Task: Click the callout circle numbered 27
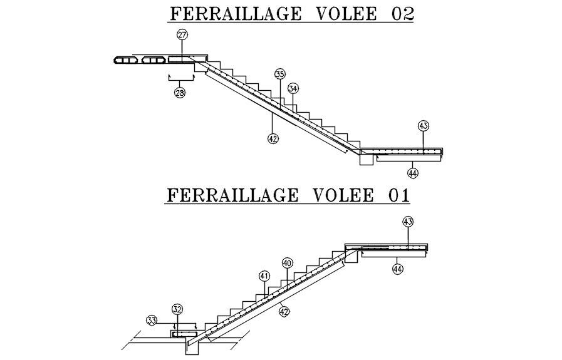[x=182, y=35]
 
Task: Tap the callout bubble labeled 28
[x=180, y=93]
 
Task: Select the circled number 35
[x=279, y=74]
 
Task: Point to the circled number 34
[x=293, y=88]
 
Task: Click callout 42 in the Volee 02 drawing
[x=273, y=138]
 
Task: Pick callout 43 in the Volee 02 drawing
[x=424, y=126]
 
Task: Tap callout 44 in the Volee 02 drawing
[x=412, y=172]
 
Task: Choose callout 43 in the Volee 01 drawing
[x=408, y=222]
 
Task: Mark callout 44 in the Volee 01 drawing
[x=397, y=269]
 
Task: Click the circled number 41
[x=264, y=276]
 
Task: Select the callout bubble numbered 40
[x=287, y=264]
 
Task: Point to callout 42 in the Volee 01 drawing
[x=284, y=311]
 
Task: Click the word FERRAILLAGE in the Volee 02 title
[x=226, y=14]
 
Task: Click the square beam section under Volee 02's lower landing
[x=366, y=158]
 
